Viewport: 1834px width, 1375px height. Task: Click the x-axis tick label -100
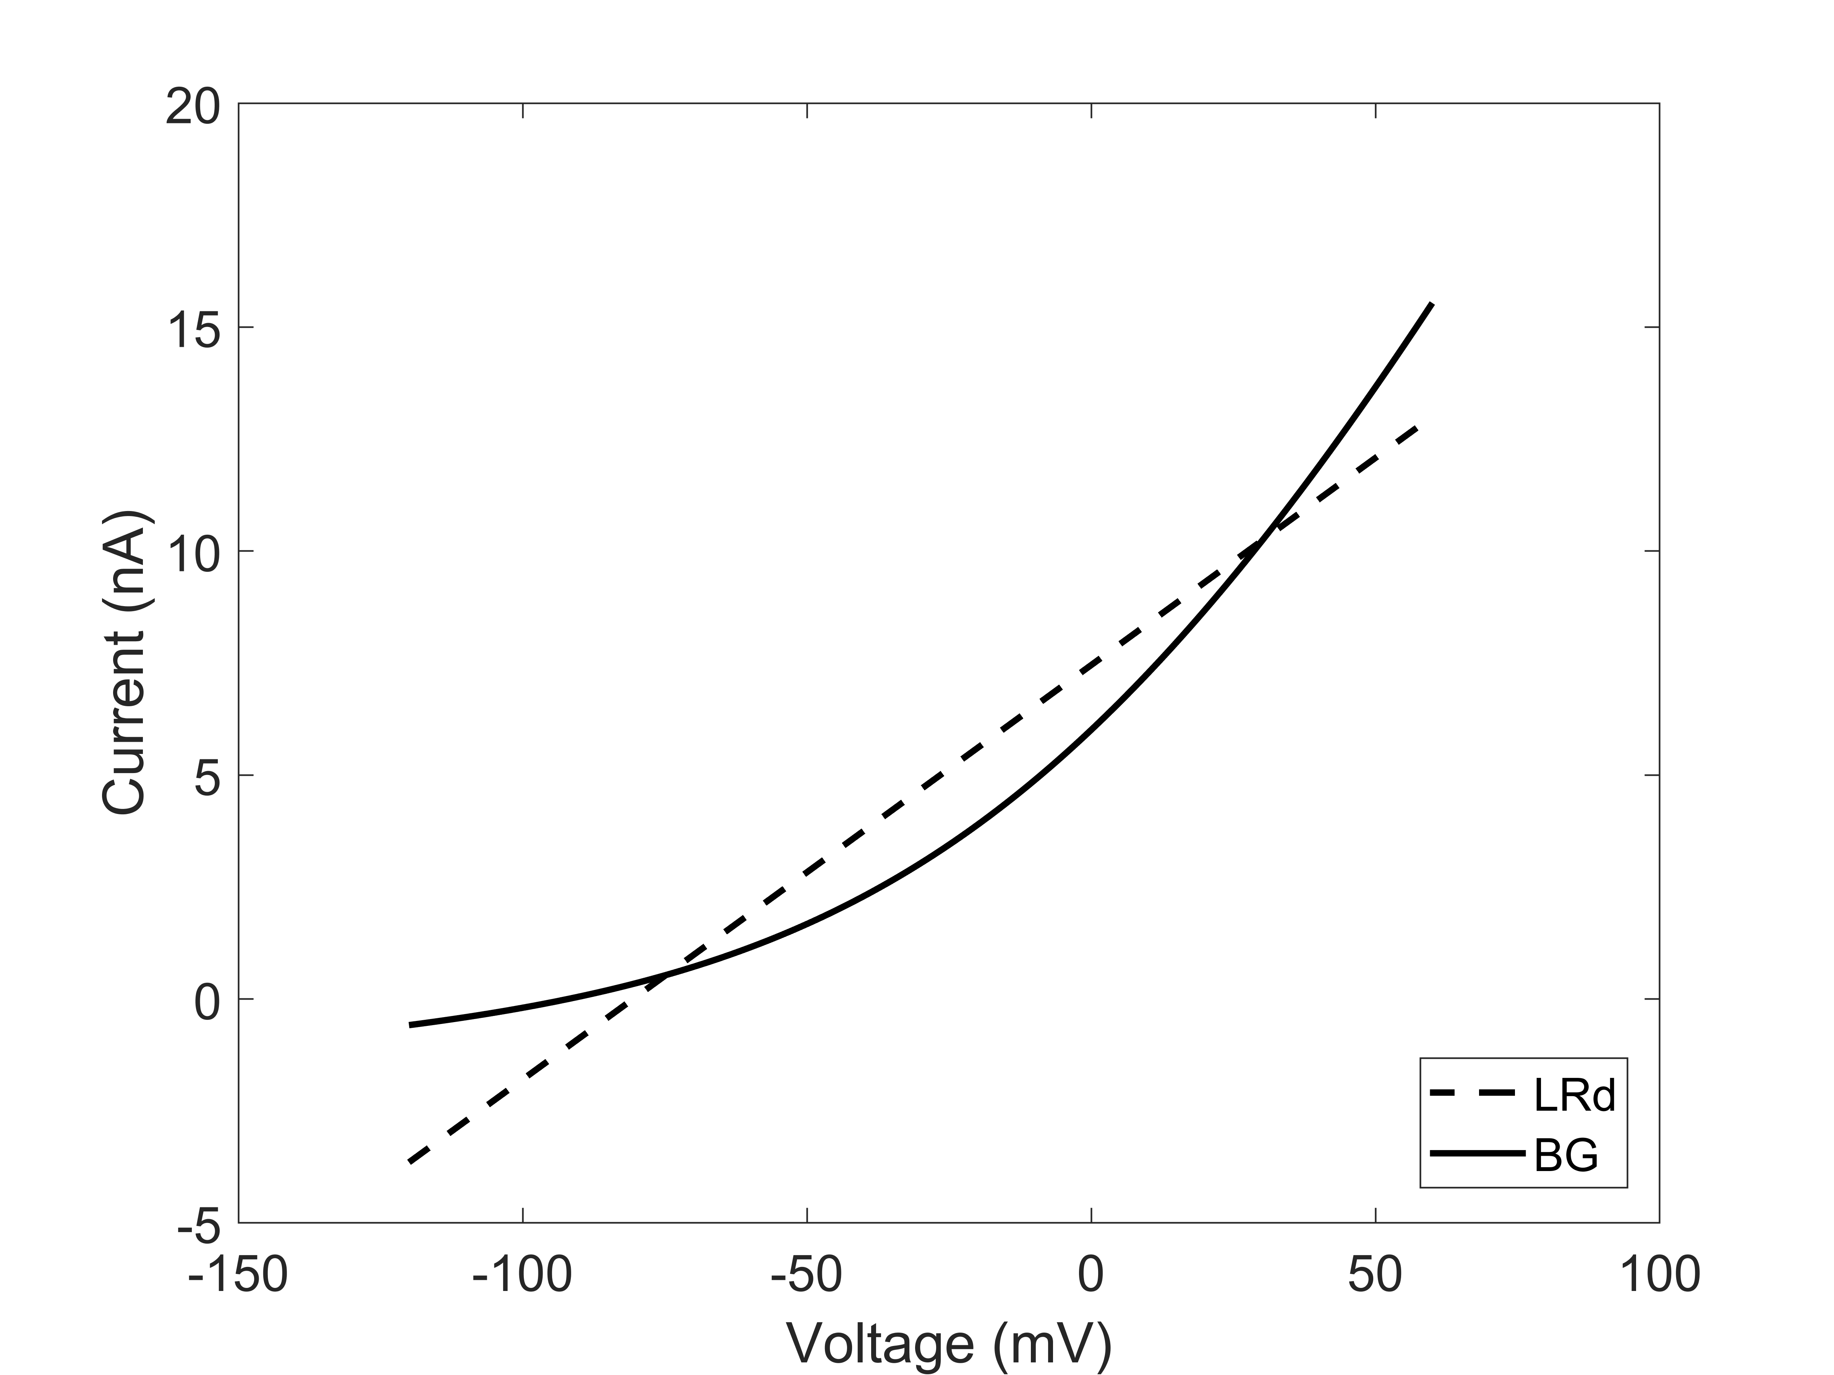pyautogui.click(x=522, y=1275)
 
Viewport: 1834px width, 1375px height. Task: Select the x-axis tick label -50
pyautogui.click(x=807, y=1275)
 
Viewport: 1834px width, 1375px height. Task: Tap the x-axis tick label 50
pyautogui.click(x=1375, y=1275)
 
